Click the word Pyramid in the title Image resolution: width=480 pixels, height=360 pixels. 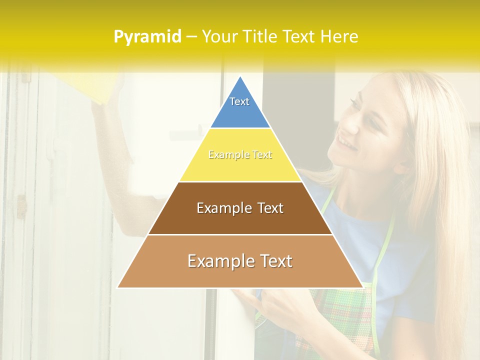(x=147, y=37)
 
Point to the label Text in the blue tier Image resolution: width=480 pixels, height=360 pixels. (x=239, y=101)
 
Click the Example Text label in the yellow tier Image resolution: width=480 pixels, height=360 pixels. (x=240, y=155)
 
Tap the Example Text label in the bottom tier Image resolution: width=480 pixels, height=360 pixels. (x=240, y=261)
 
